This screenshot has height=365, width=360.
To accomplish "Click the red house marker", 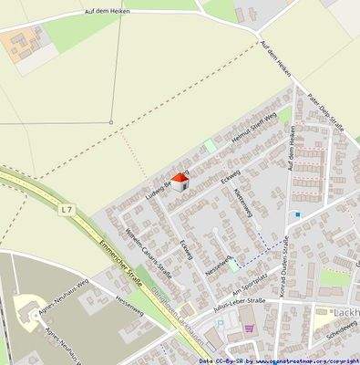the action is pyautogui.click(x=180, y=182).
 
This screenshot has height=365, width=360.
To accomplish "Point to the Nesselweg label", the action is pyautogui.click(x=218, y=266).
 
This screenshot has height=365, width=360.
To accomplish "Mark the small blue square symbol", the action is pyautogui.click(x=297, y=214).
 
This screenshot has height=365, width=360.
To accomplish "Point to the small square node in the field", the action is pyautogui.click(x=111, y=122).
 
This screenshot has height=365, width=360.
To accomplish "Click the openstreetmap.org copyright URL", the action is pyautogui.click(x=302, y=360).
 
